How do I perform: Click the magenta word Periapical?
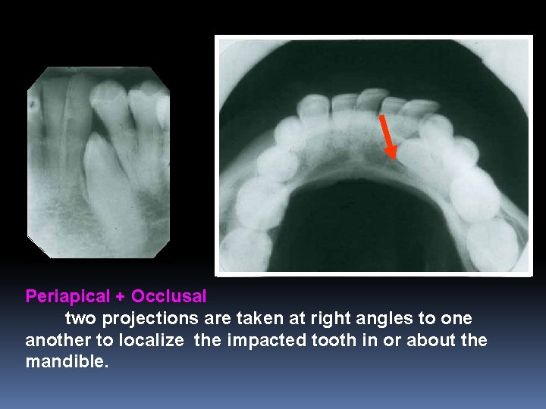tap(64, 295)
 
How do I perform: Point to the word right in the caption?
tap(316, 319)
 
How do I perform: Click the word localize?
tap(150, 341)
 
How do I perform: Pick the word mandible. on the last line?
tap(67, 362)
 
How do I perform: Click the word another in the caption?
tap(57, 341)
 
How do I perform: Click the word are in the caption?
tap(201, 319)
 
